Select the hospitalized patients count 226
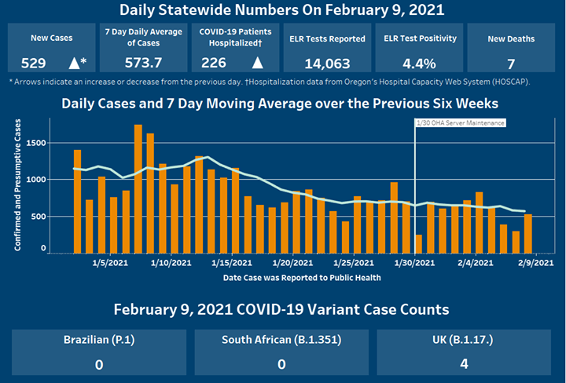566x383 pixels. pos(214,63)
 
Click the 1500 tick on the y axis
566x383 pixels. pos(35,143)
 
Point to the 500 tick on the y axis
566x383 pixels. pos(37,216)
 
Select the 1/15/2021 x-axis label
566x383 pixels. pos(230,262)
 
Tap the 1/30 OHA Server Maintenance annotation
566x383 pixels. pos(460,123)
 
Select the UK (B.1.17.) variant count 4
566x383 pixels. pos(465,363)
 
